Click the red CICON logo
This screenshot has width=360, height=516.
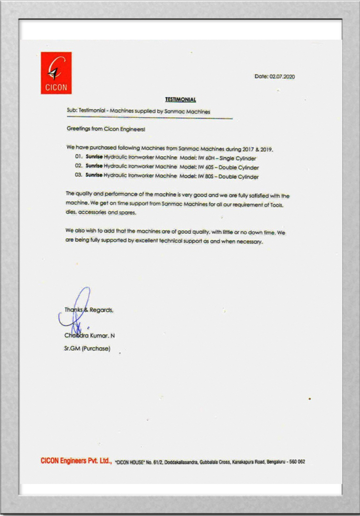(x=56, y=73)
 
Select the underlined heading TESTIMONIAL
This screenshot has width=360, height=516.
(x=181, y=99)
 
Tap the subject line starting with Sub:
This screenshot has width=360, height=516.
(x=139, y=111)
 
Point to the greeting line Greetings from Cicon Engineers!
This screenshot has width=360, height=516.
(x=105, y=129)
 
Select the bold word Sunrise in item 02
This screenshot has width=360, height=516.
(x=94, y=167)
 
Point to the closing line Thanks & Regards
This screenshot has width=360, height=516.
(x=89, y=310)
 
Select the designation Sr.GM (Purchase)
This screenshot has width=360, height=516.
(x=87, y=349)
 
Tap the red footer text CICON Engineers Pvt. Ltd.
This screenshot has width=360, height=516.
(x=76, y=461)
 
